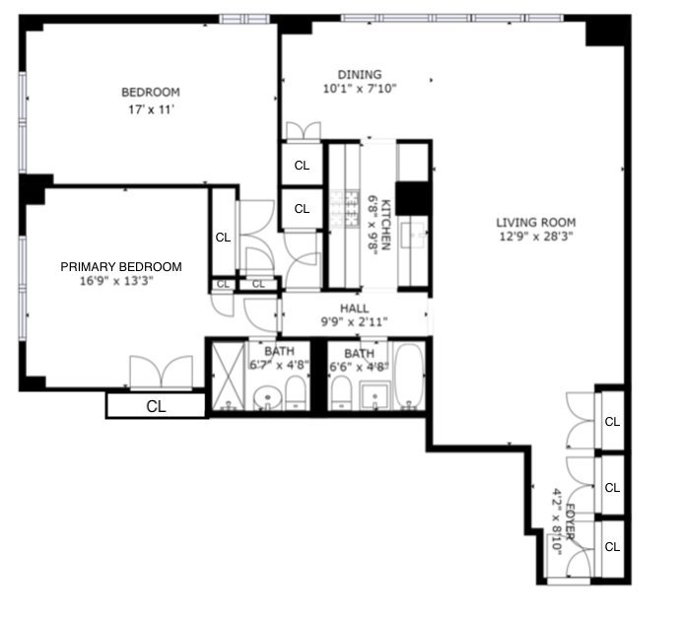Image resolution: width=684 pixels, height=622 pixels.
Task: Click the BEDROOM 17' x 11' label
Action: click(x=151, y=100)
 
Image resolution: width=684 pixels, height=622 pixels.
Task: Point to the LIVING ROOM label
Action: click(x=535, y=229)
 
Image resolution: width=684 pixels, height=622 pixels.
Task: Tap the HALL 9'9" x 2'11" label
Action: click(x=355, y=314)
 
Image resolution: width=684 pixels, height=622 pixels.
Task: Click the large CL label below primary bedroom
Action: click(x=156, y=405)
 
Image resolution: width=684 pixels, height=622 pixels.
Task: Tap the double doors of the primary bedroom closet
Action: click(x=162, y=373)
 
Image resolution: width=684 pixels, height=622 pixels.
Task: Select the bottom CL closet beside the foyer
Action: click(x=611, y=547)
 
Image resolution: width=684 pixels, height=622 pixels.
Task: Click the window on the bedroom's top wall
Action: click(x=243, y=18)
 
